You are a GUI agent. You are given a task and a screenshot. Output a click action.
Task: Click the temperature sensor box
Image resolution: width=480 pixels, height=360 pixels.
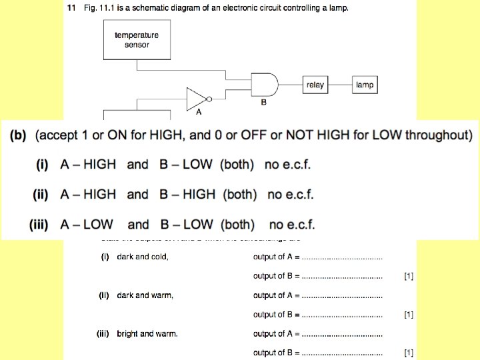pyautogui.click(x=137, y=39)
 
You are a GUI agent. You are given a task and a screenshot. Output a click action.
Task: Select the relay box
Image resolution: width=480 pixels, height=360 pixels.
pyautogui.click(x=315, y=85)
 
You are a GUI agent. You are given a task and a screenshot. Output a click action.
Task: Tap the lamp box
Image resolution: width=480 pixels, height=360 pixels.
pyautogui.click(x=365, y=85)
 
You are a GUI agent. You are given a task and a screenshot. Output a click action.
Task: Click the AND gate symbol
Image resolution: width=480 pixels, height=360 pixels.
pyautogui.click(x=264, y=85)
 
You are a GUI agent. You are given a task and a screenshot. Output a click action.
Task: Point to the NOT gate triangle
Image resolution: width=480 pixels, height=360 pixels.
pyautogui.click(x=196, y=99)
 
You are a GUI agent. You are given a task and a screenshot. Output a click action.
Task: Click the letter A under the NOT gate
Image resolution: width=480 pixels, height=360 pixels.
pyautogui.click(x=199, y=113)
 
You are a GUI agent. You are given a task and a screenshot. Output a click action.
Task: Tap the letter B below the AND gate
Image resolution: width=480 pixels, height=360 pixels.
pyautogui.click(x=263, y=103)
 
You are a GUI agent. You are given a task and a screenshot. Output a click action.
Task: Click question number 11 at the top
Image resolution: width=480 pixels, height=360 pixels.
pyautogui.click(x=71, y=8)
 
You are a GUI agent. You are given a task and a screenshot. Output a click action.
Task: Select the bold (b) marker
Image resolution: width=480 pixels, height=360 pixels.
pyautogui.click(x=18, y=135)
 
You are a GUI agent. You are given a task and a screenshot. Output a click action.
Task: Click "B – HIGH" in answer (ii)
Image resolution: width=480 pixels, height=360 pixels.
pyautogui.click(x=187, y=194)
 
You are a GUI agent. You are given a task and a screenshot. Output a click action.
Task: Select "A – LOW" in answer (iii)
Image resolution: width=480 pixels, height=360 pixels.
pyautogui.click(x=87, y=225)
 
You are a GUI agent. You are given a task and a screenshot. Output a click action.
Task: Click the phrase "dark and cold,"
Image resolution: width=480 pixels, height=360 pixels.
pyautogui.click(x=143, y=257)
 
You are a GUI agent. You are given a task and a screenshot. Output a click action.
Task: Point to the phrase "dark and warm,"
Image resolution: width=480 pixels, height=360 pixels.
pyautogui.click(x=145, y=295)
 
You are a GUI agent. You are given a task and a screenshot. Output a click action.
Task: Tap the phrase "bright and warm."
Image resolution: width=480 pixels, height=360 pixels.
pyautogui.click(x=147, y=333)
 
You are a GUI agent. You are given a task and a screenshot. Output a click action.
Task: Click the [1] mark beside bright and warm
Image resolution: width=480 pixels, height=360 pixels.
pyautogui.click(x=409, y=352)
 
